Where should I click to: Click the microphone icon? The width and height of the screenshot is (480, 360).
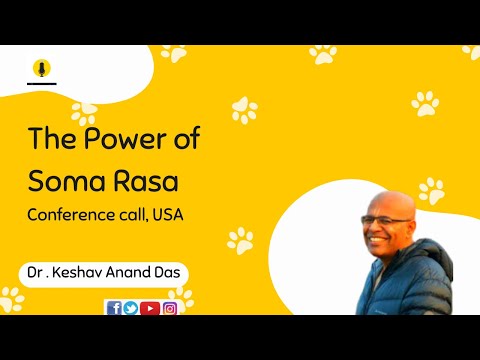42,69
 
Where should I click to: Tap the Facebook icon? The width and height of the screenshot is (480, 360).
113,308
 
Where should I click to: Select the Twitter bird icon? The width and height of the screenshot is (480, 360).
131,308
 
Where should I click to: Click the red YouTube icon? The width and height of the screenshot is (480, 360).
150,308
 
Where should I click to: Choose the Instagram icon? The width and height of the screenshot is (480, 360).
170,308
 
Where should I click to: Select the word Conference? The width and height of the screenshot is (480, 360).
70,215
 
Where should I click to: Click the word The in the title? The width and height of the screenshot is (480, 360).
48,138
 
